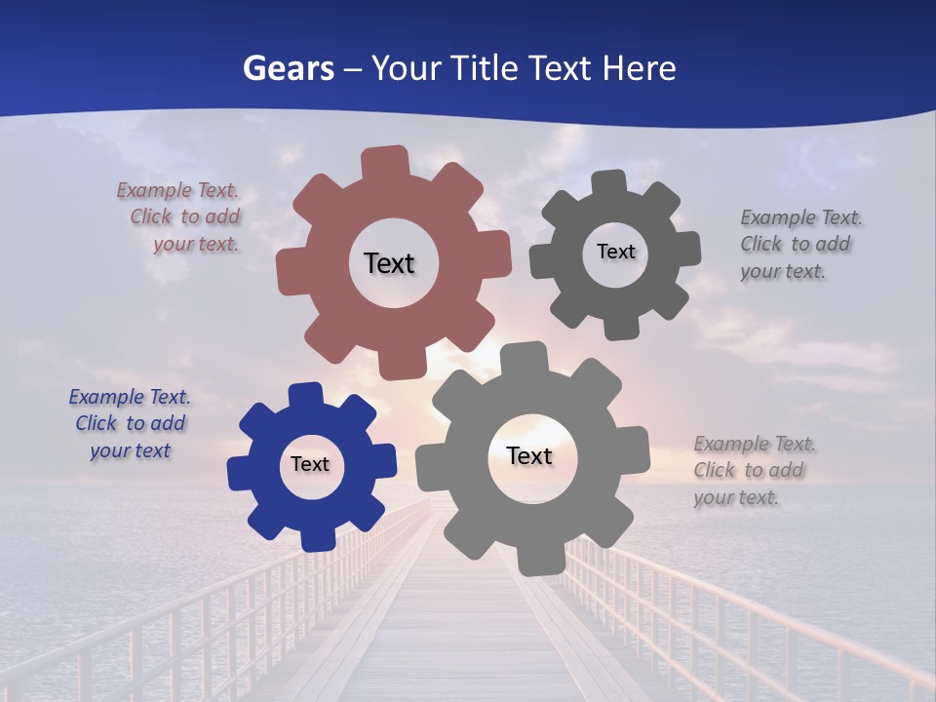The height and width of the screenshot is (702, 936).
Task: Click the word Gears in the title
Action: click(x=288, y=68)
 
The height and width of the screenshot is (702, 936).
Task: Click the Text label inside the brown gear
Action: click(x=389, y=263)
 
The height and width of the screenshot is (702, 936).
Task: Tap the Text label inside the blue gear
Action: click(x=310, y=465)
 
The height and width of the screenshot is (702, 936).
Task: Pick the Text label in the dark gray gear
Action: click(x=615, y=252)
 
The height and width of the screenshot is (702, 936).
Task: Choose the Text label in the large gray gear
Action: click(x=529, y=456)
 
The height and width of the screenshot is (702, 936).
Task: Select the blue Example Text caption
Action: click(x=130, y=424)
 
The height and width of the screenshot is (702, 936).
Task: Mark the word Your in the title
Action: click(x=406, y=68)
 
